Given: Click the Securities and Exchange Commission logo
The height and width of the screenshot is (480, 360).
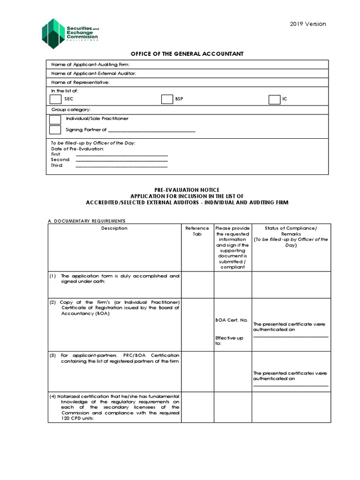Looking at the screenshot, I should [x=70, y=33].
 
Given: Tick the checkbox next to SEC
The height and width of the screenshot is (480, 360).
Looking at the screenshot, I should [x=55, y=99].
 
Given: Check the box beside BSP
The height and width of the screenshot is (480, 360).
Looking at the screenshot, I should [x=167, y=99].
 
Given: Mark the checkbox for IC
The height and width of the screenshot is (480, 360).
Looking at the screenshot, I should [x=274, y=99].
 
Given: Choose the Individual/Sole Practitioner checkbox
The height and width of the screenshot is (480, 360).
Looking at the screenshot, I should [x=55, y=119].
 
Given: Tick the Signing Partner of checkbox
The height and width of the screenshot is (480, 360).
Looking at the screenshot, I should [x=55, y=130].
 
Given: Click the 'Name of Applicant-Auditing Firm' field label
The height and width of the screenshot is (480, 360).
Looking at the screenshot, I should [x=90, y=65].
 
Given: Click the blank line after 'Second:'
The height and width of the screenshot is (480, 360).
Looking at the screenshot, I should [x=121, y=160].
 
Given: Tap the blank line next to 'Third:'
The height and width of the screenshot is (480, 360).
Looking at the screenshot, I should [x=121, y=165].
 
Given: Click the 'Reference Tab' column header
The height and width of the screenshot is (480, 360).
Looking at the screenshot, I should [x=197, y=231].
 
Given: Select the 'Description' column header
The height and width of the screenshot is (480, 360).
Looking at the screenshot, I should [x=114, y=228].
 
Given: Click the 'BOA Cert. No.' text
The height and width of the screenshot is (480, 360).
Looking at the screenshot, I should [x=231, y=320].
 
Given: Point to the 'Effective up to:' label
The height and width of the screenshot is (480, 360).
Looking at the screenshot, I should [x=229, y=340].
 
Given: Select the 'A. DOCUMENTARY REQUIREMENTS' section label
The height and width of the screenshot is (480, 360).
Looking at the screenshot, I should [x=87, y=221].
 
